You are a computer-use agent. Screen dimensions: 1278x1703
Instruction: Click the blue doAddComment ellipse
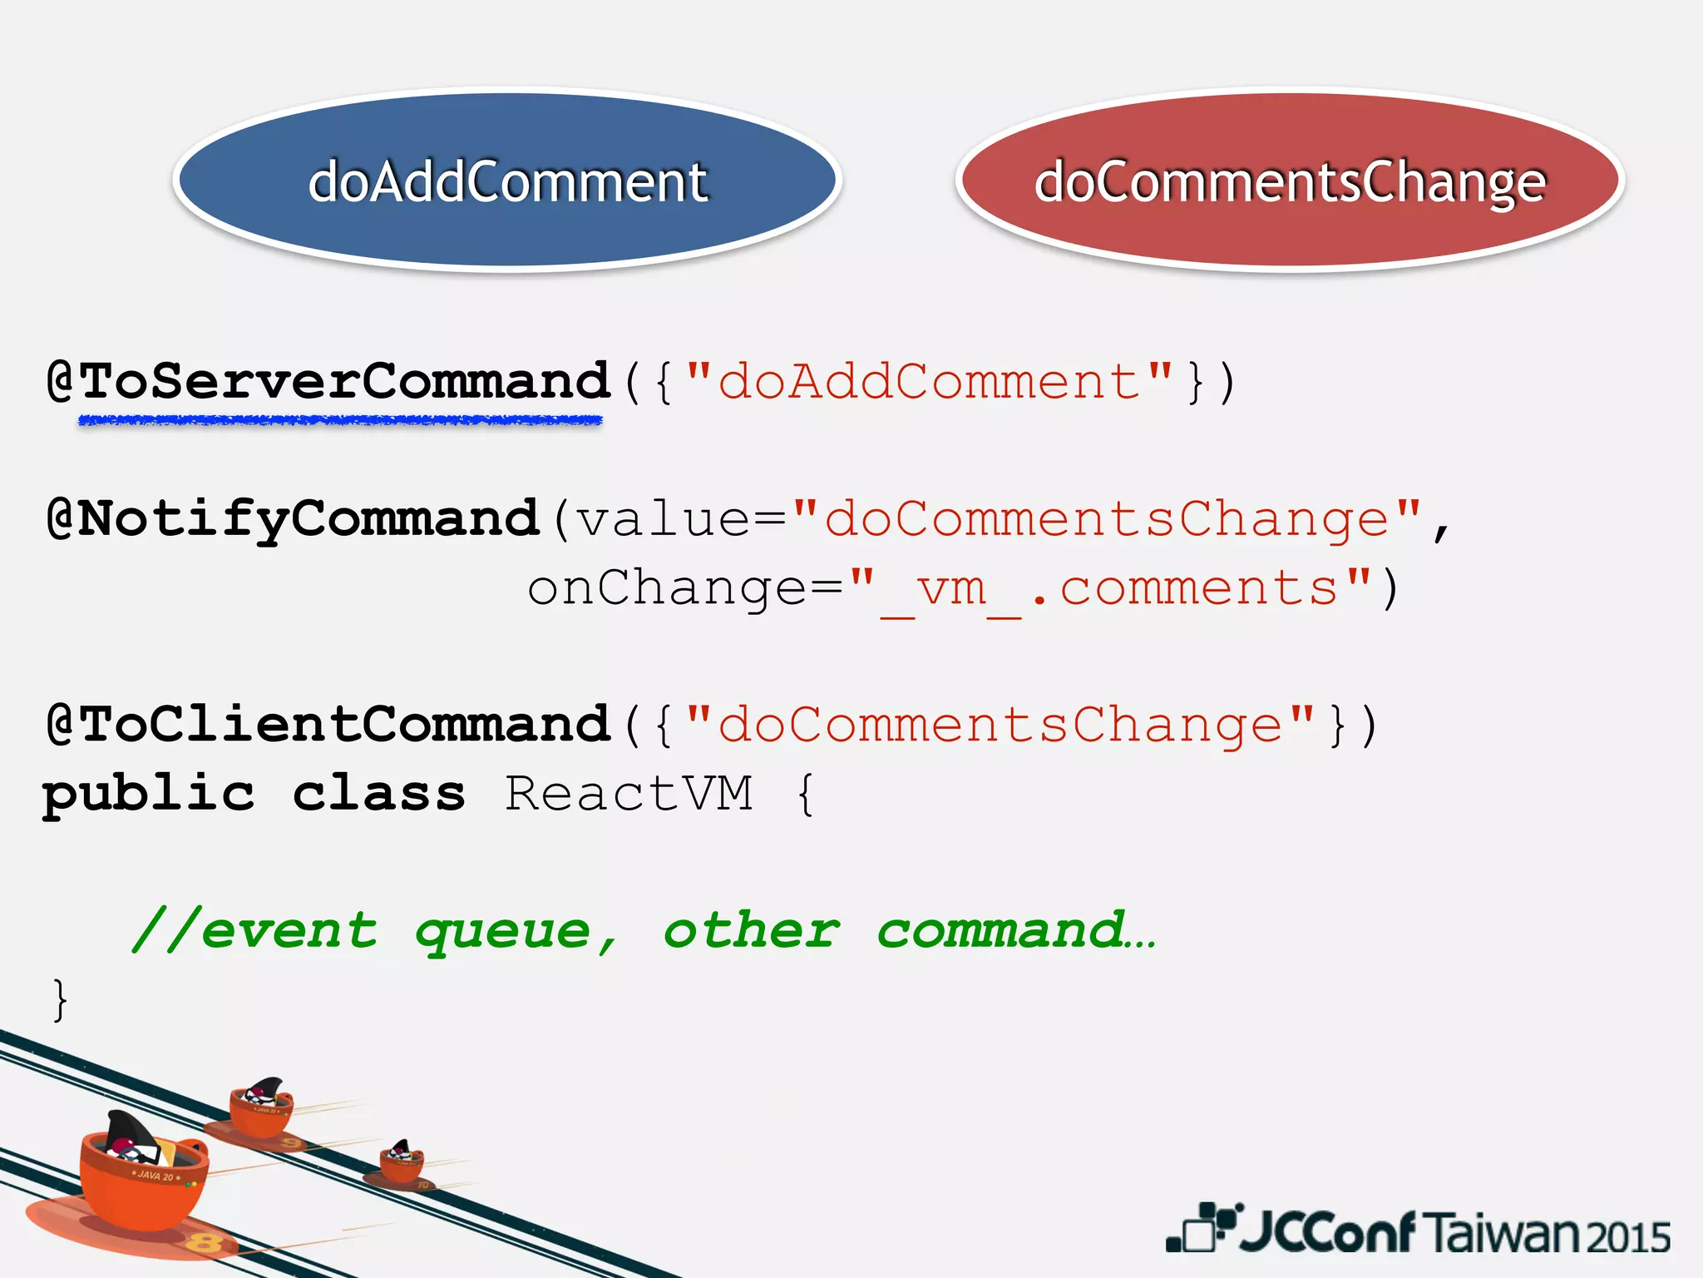coord(507,180)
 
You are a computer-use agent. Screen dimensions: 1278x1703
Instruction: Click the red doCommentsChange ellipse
coord(1290,180)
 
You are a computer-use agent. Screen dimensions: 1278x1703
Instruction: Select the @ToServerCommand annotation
coord(329,381)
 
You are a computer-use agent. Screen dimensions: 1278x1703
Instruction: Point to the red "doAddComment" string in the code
coord(930,381)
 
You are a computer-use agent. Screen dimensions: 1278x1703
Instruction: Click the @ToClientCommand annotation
coord(329,724)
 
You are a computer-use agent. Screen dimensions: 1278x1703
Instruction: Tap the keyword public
coord(149,794)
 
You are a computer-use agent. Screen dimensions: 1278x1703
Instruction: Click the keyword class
coord(379,794)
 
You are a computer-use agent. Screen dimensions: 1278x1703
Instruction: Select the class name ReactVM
coord(629,794)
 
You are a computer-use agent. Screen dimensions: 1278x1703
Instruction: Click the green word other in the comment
coord(751,930)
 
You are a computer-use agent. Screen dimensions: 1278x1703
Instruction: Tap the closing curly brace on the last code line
coord(59,998)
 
